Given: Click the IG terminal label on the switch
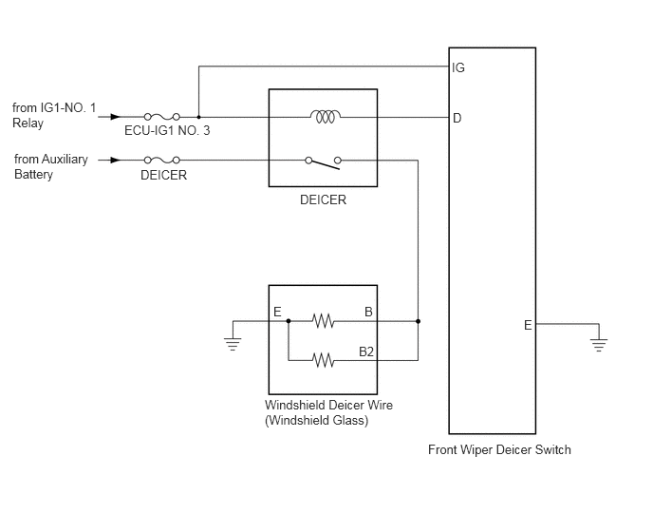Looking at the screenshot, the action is click(458, 67).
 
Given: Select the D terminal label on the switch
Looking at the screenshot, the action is click(457, 119).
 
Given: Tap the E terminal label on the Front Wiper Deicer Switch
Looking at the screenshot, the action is click(528, 325).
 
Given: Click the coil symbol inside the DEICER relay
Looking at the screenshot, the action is click(326, 116).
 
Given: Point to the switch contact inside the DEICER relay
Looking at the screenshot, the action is click(323, 163).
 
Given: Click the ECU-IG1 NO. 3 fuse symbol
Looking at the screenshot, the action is click(162, 117).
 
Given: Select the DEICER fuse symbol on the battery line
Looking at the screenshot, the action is click(162, 160).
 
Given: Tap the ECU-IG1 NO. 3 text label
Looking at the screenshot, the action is click(167, 130).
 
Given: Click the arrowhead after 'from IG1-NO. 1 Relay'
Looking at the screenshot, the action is click(116, 117).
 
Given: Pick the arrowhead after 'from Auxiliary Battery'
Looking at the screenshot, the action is click(116, 160).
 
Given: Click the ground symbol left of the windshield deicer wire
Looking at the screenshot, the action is click(233, 345).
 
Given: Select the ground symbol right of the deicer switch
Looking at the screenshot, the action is click(599, 345).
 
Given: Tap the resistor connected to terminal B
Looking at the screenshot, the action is click(323, 321).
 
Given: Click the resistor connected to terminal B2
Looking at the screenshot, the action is click(323, 360).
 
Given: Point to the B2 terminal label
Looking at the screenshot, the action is click(366, 351).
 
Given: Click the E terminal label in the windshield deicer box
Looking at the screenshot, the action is click(277, 312).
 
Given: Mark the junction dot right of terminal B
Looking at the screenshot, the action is click(419, 321).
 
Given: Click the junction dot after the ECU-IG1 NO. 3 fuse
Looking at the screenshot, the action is click(198, 117).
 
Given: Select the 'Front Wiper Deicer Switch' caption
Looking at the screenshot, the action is click(499, 450).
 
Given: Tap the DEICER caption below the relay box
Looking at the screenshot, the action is click(323, 199).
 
